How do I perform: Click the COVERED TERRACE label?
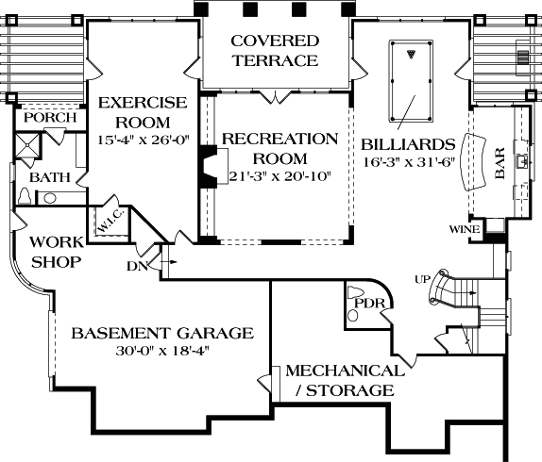(x=275, y=50)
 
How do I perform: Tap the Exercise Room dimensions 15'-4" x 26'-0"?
(x=144, y=140)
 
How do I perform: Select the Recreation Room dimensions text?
(x=280, y=176)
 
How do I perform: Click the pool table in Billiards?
(x=411, y=81)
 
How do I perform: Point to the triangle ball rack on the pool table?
(x=411, y=54)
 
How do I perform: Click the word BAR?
(x=500, y=163)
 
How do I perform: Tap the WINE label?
(x=465, y=229)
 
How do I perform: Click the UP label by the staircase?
(x=422, y=279)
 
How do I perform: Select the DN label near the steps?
(x=137, y=266)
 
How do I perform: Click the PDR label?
(x=369, y=304)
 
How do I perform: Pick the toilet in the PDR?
(x=353, y=292)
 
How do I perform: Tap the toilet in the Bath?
(x=25, y=196)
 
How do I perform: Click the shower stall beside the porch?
(x=27, y=145)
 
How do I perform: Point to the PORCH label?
(x=50, y=118)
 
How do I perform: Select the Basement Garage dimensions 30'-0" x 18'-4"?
(x=163, y=351)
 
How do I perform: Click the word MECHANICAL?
(x=345, y=371)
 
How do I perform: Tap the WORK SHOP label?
(x=57, y=252)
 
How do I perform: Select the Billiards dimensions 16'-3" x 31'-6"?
(x=409, y=162)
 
